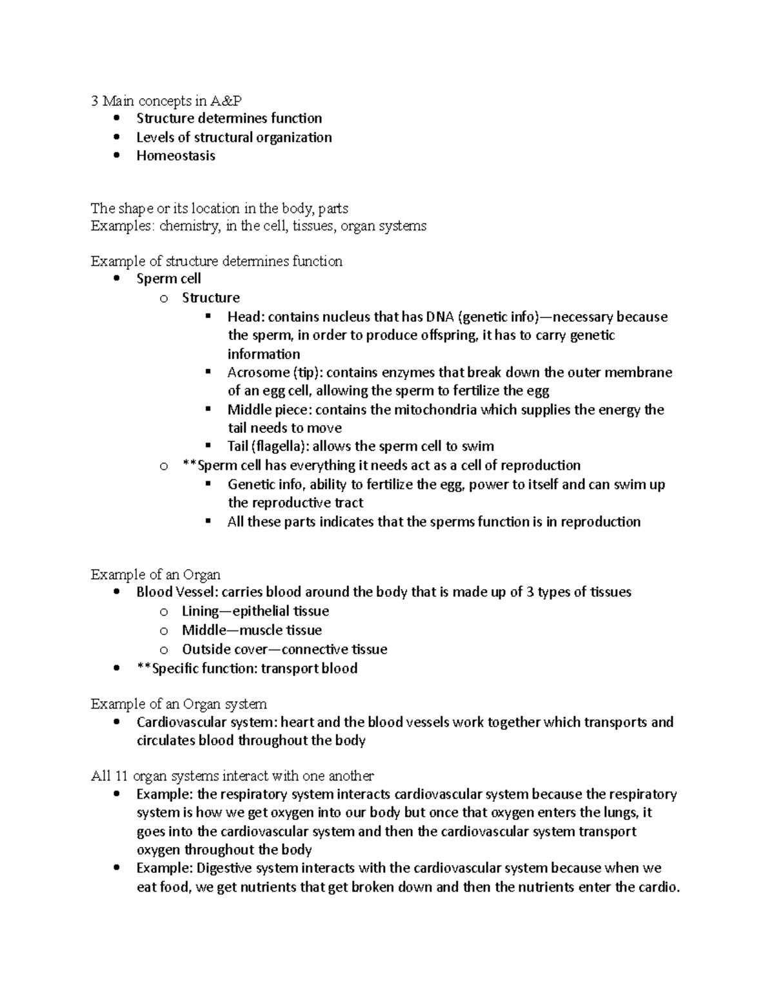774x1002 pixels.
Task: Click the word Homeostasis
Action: pos(175,155)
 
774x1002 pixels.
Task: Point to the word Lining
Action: pos(200,611)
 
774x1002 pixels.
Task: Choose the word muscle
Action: pos(261,630)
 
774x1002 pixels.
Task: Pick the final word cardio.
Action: pos(659,887)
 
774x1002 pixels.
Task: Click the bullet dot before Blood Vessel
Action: pos(116,592)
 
